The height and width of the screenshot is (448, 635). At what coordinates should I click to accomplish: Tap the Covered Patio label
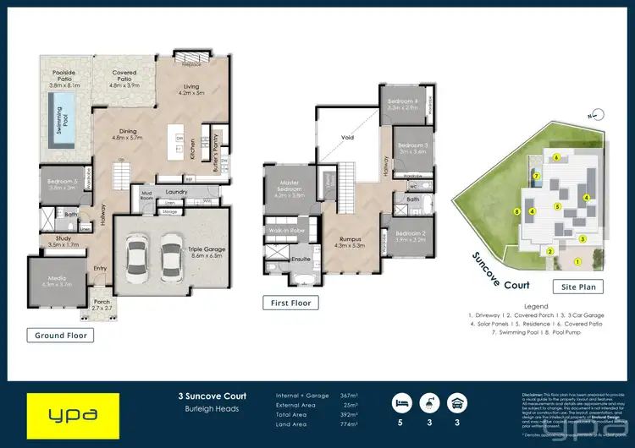pos(125,78)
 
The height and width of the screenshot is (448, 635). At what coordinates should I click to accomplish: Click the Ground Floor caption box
pos(61,336)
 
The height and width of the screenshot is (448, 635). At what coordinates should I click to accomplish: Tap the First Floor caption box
pos(290,303)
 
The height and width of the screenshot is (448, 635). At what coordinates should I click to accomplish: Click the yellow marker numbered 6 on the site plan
pos(556,158)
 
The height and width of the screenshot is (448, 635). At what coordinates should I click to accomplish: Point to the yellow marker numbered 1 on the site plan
pos(580,239)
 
